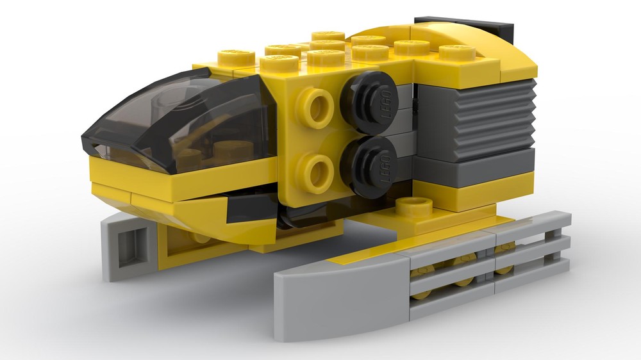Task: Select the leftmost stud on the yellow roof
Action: point(236,57)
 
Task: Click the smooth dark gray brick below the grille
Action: point(474,164)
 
